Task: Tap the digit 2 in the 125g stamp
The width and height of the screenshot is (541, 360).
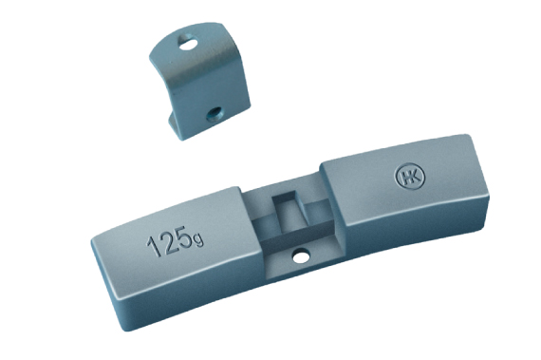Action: pos(168,242)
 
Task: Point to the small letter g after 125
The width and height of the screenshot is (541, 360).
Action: pos(199,239)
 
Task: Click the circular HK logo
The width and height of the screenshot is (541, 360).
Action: pos(409,176)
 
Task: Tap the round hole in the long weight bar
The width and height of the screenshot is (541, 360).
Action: pos(301,256)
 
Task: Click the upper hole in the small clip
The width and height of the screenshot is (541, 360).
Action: pos(188,43)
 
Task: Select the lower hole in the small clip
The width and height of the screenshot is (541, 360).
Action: pos(214,114)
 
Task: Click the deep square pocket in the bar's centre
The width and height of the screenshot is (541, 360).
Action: pos(289,211)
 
